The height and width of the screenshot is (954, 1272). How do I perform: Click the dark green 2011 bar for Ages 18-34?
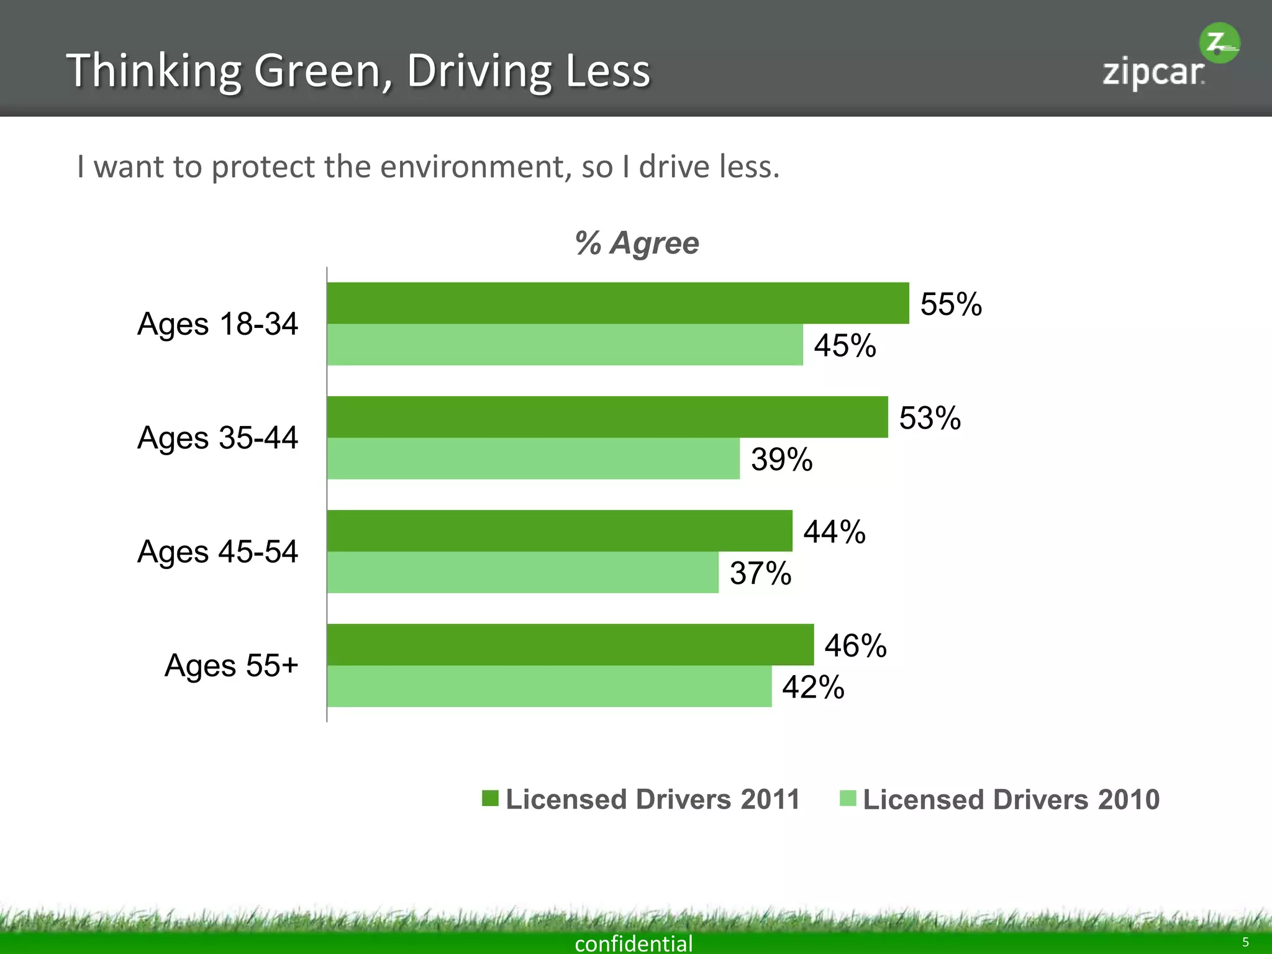click(618, 303)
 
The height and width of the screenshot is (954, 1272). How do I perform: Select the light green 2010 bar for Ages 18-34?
click(565, 345)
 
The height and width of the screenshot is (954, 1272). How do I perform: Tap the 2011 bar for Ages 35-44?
click(607, 417)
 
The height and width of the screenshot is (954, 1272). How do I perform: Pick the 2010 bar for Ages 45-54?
click(523, 572)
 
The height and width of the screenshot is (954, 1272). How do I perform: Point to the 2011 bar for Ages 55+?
click(570, 645)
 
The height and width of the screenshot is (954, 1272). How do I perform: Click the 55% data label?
click(951, 304)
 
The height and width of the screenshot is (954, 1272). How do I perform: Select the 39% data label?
click(781, 460)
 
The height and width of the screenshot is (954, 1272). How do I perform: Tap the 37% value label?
click(760, 573)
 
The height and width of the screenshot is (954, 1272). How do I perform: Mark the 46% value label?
click(855, 646)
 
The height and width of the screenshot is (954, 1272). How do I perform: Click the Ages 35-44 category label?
click(217, 438)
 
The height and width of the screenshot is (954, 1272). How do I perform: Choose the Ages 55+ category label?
click(231, 666)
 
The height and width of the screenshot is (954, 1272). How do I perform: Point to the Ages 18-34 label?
click(217, 324)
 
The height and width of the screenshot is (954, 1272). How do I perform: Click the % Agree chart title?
click(637, 243)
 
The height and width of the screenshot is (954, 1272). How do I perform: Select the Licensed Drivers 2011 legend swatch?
click(490, 798)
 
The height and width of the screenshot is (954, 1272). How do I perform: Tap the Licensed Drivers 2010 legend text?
click(1011, 799)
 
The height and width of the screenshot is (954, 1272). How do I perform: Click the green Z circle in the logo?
click(1219, 43)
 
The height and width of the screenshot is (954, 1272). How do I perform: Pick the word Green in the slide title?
click(323, 71)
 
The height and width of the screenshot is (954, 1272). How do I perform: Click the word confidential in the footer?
click(634, 943)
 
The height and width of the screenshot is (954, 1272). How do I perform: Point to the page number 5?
click(1245, 942)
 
